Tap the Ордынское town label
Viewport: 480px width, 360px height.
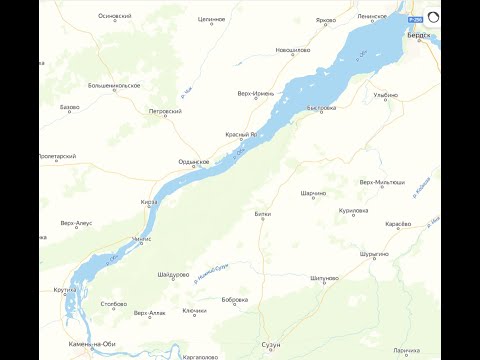(x=193, y=161)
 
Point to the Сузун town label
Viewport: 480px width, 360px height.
(x=271, y=344)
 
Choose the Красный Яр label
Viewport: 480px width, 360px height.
(x=241, y=133)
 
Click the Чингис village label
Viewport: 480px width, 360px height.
(x=141, y=240)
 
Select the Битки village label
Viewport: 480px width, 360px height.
(x=263, y=214)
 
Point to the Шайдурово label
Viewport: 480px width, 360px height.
(x=174, y=274)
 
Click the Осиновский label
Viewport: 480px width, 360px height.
(x=115, y=17)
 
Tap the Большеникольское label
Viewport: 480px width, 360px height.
(x=114, y=86)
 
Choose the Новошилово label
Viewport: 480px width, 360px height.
(x=293, y=50)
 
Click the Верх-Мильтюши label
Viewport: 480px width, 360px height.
(x=382, y=182)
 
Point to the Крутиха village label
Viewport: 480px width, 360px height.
(x=66, y=290)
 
